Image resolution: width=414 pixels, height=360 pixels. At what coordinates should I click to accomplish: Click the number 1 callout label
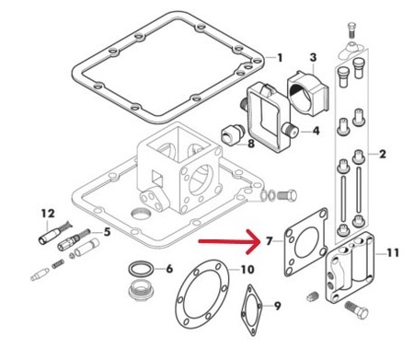pos(280,58)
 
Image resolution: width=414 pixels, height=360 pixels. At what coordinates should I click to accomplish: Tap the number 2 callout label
pos(383,154)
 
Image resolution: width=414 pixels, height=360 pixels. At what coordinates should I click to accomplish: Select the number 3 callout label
pos(313,57)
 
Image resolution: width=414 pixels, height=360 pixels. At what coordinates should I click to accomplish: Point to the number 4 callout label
pos(316,131)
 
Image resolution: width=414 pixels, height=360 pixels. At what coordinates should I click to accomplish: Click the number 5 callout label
pos(107,232)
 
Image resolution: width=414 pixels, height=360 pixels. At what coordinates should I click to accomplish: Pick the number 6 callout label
pos(169,269)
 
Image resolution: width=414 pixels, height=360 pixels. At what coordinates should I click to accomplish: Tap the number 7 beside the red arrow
pos(269,241)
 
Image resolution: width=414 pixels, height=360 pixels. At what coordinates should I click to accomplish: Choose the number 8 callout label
pos(251,144)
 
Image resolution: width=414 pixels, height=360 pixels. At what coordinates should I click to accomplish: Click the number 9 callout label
pos(277,306)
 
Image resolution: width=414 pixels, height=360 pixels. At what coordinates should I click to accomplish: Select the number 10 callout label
pos(247,270)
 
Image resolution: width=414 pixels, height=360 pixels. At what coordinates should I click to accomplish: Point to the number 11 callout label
pos(393,253)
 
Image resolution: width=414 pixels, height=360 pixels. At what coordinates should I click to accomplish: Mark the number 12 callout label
pos(48,213)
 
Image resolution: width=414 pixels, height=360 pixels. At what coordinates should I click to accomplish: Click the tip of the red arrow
pos(260,241)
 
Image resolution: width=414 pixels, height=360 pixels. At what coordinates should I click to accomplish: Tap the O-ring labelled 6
pos(141,269)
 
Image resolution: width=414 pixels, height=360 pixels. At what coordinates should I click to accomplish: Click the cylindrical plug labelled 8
pos(232,134)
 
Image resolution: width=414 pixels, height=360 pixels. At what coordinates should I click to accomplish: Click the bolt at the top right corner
pos(351,30)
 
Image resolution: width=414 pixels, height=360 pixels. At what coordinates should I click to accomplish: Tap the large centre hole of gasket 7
pos(306,242)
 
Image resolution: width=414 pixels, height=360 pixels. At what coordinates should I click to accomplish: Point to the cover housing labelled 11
pos(351,268)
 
